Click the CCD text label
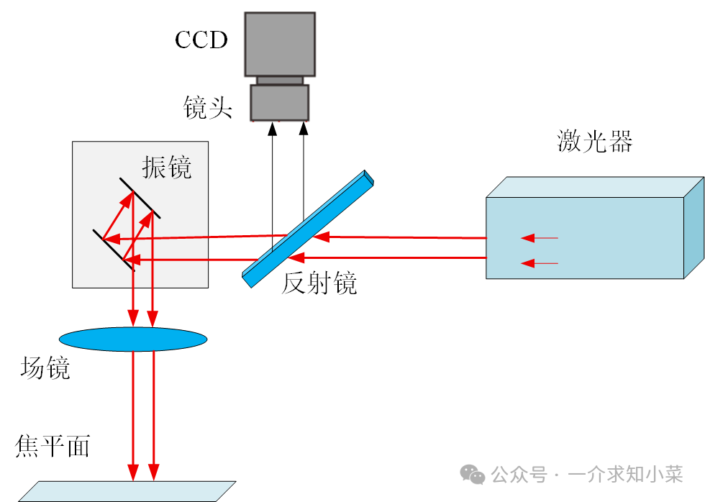coord(201,40)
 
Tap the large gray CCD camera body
coord(280,44)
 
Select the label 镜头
coord(208,107)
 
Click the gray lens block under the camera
coord(280,102)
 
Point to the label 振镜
coord(167,168)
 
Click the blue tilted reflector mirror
coord(308,229)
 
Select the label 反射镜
coord(319,283)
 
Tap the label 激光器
coord(594,141)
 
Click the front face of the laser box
coord(584,238)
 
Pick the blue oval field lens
coord(133,339)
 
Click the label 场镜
coord(45,368)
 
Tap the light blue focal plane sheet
coord(127,492)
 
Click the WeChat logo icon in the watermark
coord(472,475)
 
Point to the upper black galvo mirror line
coord(140,198)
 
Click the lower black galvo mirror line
coord(114,250)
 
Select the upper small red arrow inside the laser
coord(540,238)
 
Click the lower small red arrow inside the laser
coord(540,263)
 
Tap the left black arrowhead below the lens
coord(272,129)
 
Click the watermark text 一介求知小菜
coord(625,475)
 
